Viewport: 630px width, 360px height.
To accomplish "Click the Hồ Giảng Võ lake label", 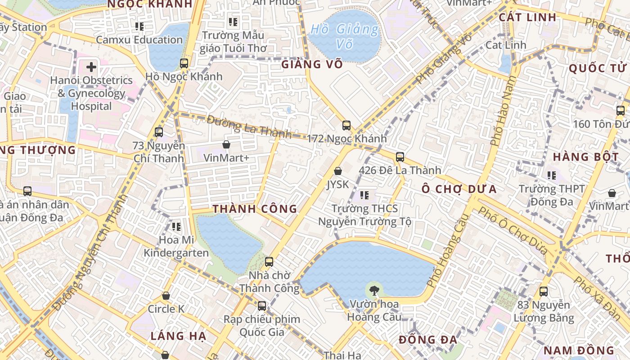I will pyautogui.click(x=345, y=36).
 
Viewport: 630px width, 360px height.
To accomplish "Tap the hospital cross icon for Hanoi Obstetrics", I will pyautogui.click(x=91, y=67).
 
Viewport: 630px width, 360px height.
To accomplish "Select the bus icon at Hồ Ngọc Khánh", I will pyautogui.click(x=184, y=63).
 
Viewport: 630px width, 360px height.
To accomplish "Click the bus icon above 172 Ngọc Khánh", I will pyautogui.click(x=346, y=126).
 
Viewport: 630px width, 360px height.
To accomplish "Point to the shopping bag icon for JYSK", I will pyautogui.click(x=338, y=171).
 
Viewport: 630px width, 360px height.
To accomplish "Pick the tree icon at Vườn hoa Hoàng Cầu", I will pyautogui.click(x=373, y=291).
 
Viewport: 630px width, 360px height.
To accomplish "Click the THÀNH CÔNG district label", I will pyautogui.click(x=255, y=209).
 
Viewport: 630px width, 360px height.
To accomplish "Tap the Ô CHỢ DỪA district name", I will pyautogui.click(x=459, y=189).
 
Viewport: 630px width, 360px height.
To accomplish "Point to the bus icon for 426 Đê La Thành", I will pyautogui.click(x=400, y=157).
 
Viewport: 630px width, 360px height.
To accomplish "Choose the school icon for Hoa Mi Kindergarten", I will pyautogui.click(x=176, y=227).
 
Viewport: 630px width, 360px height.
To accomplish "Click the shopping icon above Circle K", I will pyautogui.click(x=166, y=296).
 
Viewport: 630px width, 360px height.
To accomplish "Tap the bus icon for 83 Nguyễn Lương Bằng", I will pyautogui.click(x=544, y=292).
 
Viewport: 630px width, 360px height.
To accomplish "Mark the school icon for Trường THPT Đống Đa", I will pyautogui.click(x=552, y=175).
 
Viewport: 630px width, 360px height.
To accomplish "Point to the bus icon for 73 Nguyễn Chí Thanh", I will pyautogui.click(x=158, y=132).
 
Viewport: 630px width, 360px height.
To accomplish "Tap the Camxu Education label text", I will pyautogui.click(x=139, y=40).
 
